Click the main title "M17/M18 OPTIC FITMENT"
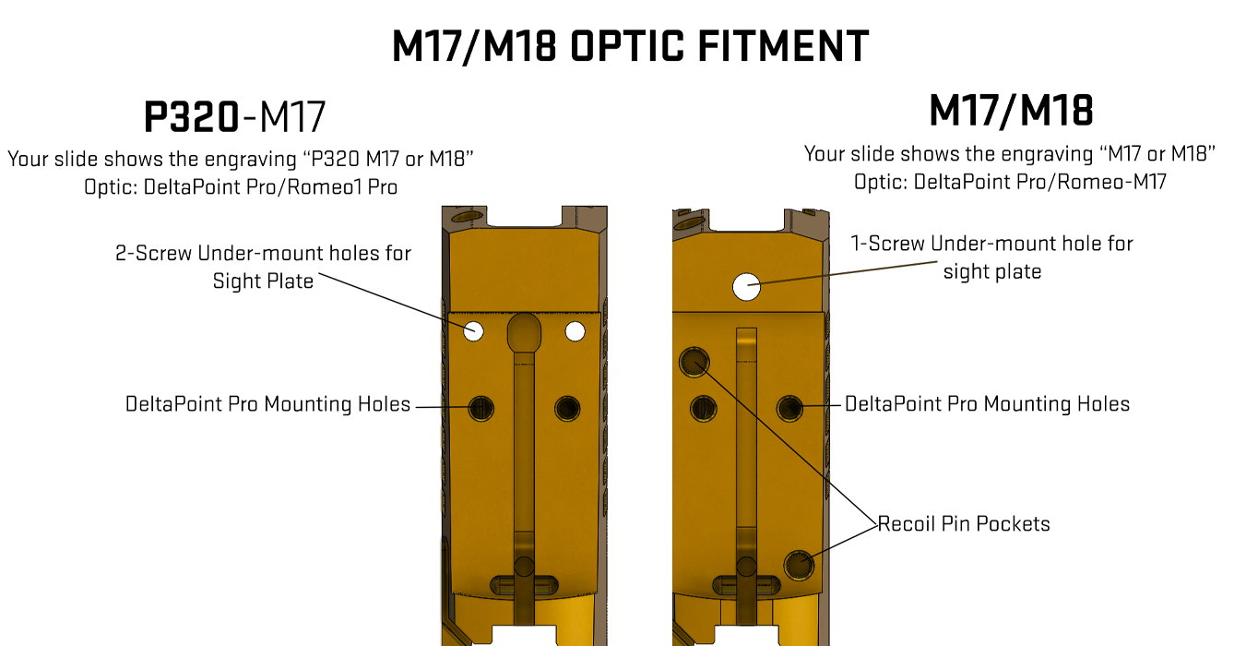630,46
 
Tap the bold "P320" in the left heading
192,117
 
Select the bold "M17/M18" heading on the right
1011,111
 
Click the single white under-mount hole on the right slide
746,287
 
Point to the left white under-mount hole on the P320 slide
473,331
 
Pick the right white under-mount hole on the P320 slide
576,331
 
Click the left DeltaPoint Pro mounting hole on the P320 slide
481,409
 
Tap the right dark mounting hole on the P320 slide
567,409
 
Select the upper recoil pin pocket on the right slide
694,363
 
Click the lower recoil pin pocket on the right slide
799,566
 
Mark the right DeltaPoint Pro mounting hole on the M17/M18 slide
789,409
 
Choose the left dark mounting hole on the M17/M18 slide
703,409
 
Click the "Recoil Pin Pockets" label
964,524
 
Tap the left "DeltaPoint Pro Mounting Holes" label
267,404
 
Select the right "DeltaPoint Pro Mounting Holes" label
988,404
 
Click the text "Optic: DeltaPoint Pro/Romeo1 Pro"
241,187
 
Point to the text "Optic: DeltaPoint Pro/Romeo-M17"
1010,183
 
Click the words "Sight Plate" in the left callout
263,281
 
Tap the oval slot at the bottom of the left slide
524,585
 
